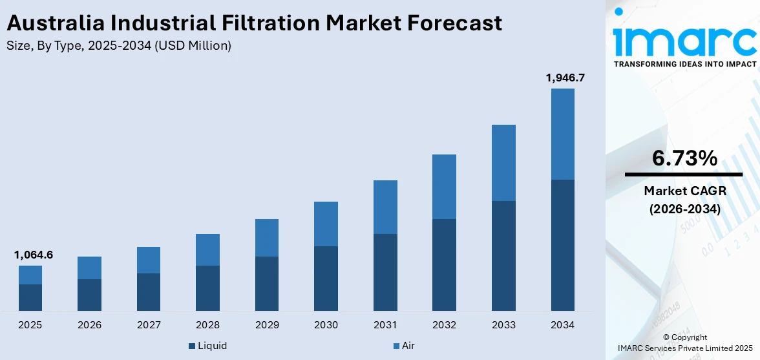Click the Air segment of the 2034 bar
pos(562,134)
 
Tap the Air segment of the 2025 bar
pos(30,275)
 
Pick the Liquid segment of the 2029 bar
pos(267,283)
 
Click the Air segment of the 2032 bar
pos(444,186)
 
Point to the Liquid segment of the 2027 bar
pos(149,291)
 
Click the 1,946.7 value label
pos(565,78)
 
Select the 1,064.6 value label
pos(33,255)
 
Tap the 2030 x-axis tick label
pos(326,325)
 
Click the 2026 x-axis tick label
pos(89,325)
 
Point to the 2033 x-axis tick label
pos(503,325)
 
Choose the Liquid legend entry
pos(207,346)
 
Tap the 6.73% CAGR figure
pos(684,158)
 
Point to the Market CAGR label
pos(684,191)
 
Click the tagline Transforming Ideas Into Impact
pos(684,64)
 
